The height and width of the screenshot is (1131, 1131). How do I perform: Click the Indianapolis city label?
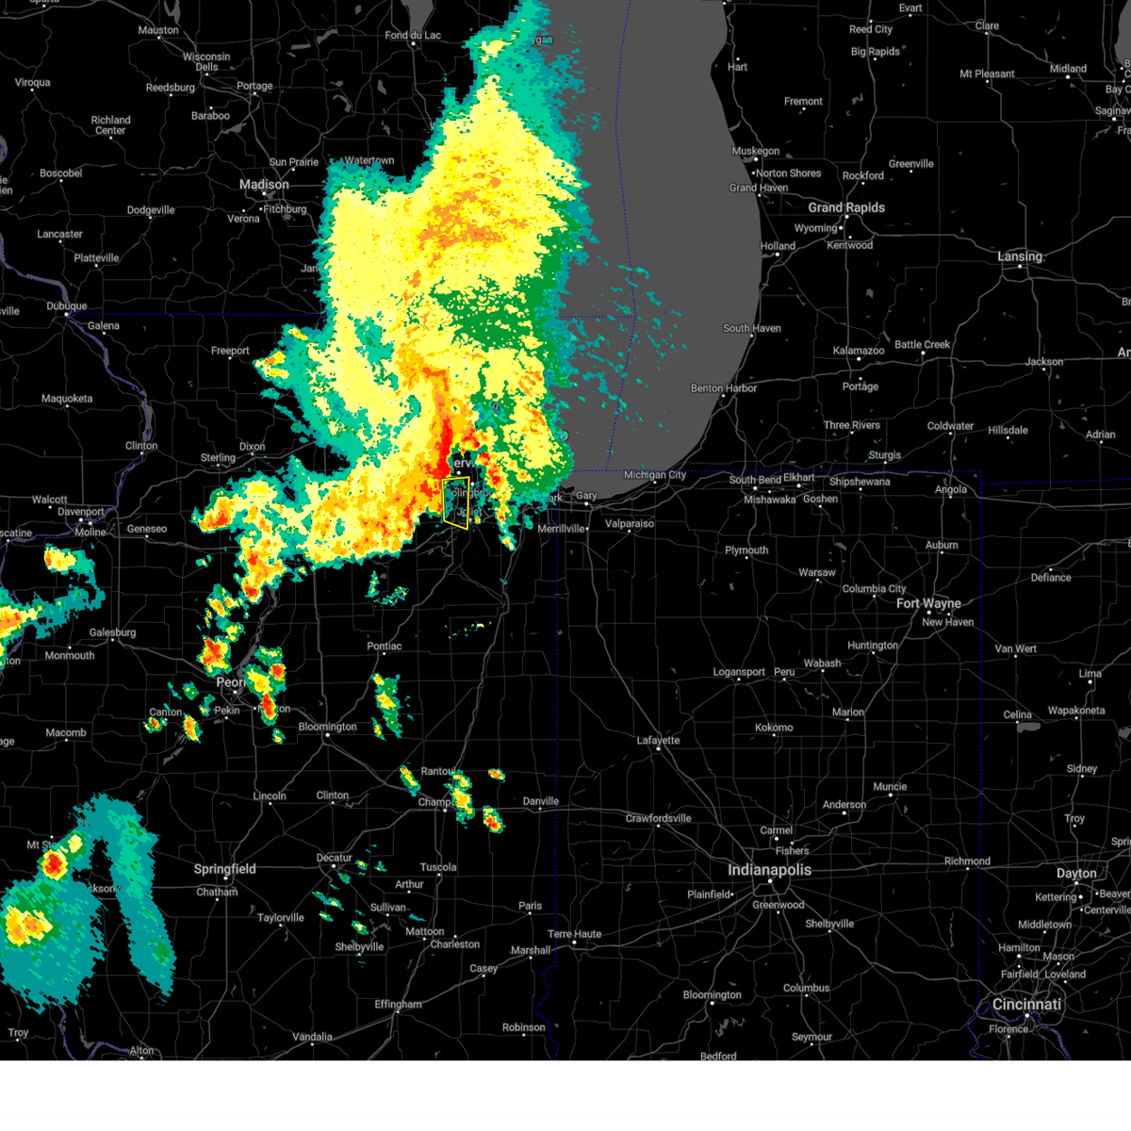[x=769, y=870]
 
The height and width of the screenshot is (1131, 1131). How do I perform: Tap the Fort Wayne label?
[x=928, y=603]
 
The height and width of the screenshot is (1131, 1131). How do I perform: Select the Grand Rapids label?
[x=846, y=207]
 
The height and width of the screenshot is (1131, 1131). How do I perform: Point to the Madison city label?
[x=264, y=185]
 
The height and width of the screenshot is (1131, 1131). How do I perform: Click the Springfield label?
[x=224, y=869]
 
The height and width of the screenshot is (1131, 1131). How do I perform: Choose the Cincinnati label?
[x=1026, y=1005]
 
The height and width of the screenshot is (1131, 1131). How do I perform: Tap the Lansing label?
[x=1020, y=256]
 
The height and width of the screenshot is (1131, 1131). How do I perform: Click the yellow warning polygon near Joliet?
[x=456, y=502]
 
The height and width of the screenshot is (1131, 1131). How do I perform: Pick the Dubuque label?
[x=67, y=306]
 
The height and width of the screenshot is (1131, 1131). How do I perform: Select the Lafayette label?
[x=658, y=740]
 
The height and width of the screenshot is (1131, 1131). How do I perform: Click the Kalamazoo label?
[x=859, y=351]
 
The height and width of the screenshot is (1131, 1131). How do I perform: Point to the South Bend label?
[x=754, y=480]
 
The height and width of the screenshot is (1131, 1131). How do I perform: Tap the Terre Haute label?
[x=574, y=934]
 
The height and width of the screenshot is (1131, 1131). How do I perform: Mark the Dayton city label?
[x=1076, y=874]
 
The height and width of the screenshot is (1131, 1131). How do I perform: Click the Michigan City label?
[x=655, y=475]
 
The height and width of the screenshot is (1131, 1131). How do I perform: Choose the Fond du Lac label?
[x=413, y=36]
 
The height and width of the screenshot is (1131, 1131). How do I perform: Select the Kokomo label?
[x=774, y=728]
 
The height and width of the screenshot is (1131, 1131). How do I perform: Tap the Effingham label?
[x=398, y=1004]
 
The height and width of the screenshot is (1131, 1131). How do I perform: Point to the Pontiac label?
[x=385, y=647]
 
